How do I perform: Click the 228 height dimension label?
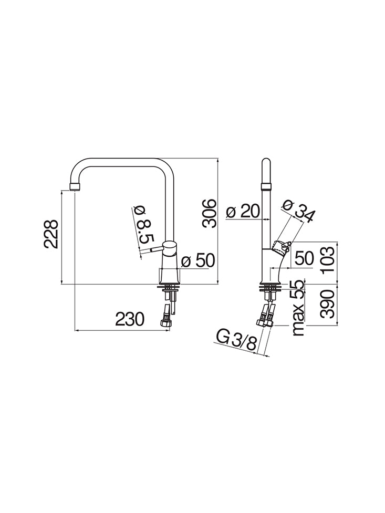tap(51, 234)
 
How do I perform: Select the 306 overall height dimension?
tap(209, 213)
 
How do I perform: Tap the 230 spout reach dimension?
tap(130, 319)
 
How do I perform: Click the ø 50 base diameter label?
tap(198, 261)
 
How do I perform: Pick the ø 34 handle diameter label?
tap(298, 211)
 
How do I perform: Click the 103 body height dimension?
tap(328, 260)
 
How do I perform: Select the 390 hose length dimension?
tap(328, 304)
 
